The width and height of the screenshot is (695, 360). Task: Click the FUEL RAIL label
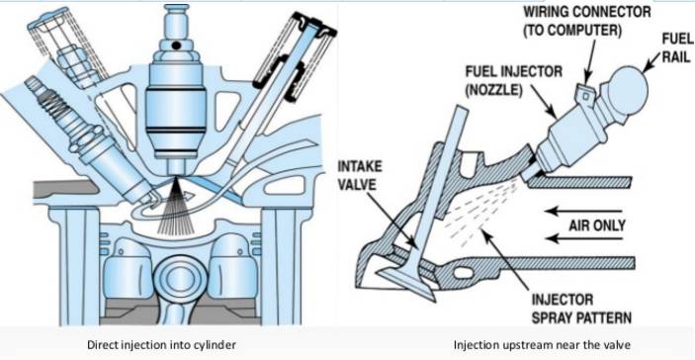click(678, 47)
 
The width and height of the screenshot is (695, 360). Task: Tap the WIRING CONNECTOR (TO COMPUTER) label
click(587, 20)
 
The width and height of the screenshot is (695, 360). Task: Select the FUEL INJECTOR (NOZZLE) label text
click(514, 80)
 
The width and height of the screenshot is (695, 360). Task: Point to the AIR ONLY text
click(597, 225)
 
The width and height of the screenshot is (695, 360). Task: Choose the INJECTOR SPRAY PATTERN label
click(581, 309)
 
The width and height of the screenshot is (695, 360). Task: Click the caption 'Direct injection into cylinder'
click(161, 344)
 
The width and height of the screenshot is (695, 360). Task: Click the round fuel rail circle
click(627, 91)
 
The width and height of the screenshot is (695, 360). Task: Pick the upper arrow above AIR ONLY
click(583, 211)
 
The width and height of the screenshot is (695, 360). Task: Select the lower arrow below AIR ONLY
click(583, 239)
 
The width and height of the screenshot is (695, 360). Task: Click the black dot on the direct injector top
click(176, 45)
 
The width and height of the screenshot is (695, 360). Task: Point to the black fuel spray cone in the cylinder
click(174, 207)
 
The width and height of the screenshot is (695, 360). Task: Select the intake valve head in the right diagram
click(405, 284)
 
